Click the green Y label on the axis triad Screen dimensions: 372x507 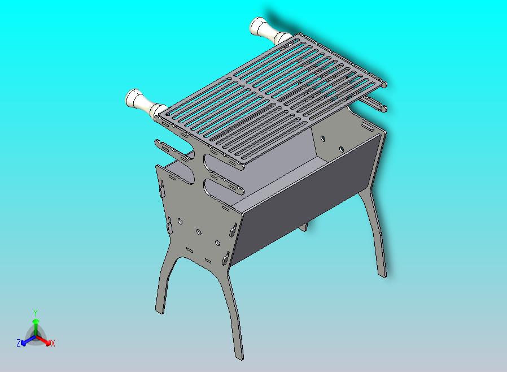pyautogui.click(x=36, y=313)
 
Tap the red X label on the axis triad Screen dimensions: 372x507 pyautogui.click(x=53, y=343)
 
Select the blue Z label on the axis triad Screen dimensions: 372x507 pyautogui.click(x=19, y=343)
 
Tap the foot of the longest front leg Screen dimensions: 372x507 pyautogui.click(x=239, y=354)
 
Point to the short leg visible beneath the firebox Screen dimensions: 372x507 pyautogui.click(x=305, y=227)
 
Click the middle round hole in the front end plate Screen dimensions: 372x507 pyautogui.click(x=199, y=232)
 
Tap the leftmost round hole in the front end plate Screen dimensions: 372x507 pyautogui.click(x=180, y=221)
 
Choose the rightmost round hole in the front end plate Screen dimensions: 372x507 pyautogui.click(x=217, y=243)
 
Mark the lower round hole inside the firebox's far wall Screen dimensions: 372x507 pyautogui.click(x=341, y=149)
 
